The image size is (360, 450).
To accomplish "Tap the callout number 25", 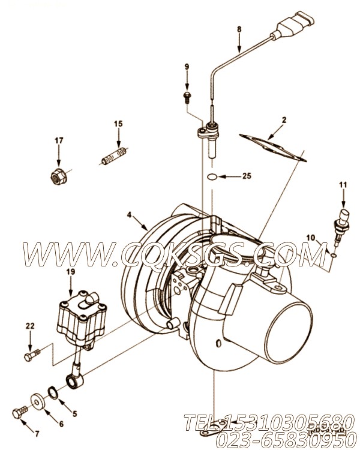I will coord(246,176).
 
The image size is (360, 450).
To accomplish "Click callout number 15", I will coord(118,124).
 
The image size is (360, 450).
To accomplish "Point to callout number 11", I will coord(343,185).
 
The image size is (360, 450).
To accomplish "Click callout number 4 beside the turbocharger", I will coord(129,214).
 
